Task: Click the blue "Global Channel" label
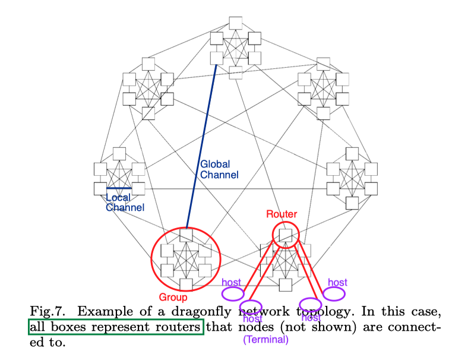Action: [219, 169]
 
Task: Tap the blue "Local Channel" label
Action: [125, 203]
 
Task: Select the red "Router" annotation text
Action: [282, 214]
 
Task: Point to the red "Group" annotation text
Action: [173, 297]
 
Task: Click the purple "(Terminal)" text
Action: [265, 340]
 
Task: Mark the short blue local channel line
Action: [119, 188]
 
